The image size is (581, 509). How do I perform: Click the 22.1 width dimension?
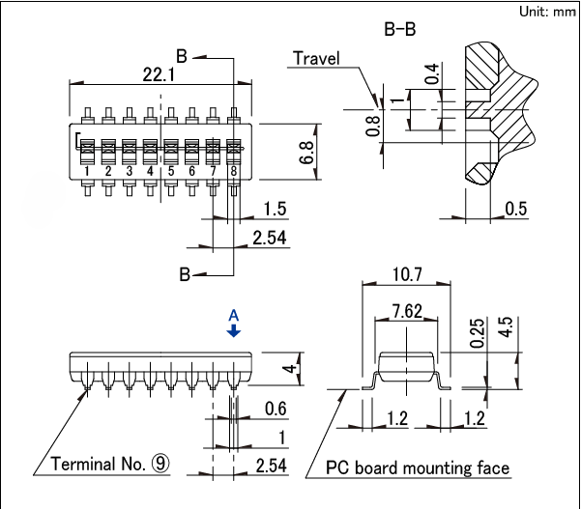coord(159,74)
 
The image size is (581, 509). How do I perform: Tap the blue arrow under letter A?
coord(233,330)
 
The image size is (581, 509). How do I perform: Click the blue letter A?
coord(233,315)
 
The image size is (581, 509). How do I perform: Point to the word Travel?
coord(317,58)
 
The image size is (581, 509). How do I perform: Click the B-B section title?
coord(400,29)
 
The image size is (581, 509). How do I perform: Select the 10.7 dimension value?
coord(405,275)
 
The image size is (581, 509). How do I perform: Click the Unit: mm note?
coord(548,11)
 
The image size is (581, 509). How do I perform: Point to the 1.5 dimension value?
coord(276,210)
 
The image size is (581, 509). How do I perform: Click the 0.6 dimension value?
coord(275,410)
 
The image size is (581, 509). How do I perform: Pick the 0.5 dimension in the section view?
coord(516,210)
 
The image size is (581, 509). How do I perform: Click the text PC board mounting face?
coord(417,468)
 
